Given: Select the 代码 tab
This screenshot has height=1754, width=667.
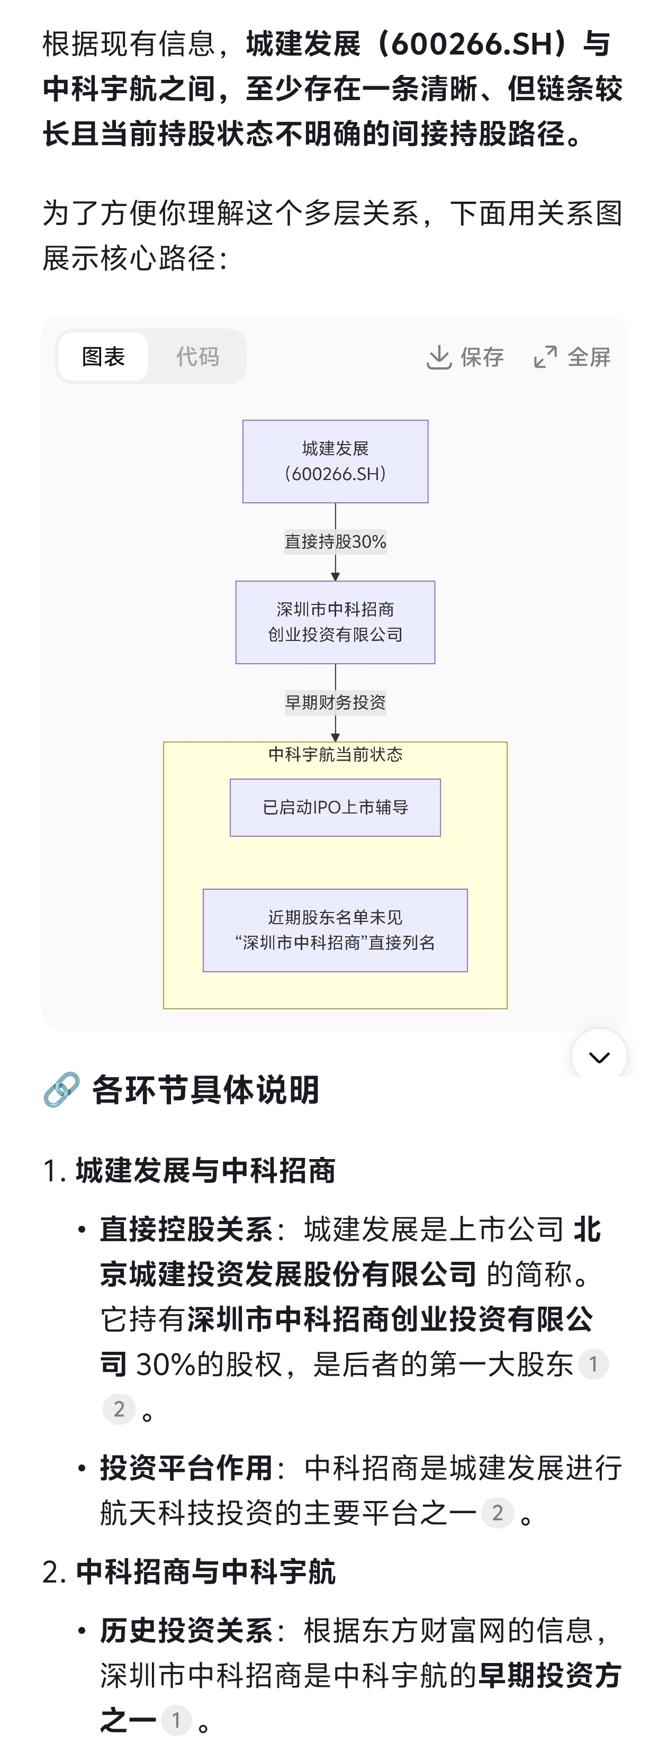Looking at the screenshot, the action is click(x=197, y=356).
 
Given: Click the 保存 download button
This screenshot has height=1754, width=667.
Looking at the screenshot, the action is click(x=465, y=357).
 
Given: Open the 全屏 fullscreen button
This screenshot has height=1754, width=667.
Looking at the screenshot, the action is click(x=572, y=357).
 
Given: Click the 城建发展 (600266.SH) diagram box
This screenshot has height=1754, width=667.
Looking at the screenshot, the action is click(x=335, y=461).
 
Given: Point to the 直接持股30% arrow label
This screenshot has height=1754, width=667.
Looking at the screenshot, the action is click(x=335, y=541).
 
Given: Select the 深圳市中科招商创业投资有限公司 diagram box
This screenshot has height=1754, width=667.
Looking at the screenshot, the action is click(x=335, y=622).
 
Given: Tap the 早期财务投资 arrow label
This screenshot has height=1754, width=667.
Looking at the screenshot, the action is click(x=335, y=702).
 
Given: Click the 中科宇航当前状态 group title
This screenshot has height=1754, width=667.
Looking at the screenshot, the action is click(x=335, y=754).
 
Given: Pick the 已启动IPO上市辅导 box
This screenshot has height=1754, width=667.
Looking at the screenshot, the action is click(x=335, y=807).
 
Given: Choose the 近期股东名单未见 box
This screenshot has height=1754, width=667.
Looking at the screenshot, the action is click(x=335, y=930).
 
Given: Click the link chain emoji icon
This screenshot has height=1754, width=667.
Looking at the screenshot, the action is click(x=61, y=1089).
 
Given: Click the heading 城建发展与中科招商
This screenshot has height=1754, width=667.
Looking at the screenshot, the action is click(x=205, y=1170).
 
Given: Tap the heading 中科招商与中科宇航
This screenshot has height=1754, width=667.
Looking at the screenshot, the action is click(x=205, y=1571).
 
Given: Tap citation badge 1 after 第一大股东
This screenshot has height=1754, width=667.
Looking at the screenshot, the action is click(x=593, y=1364).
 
